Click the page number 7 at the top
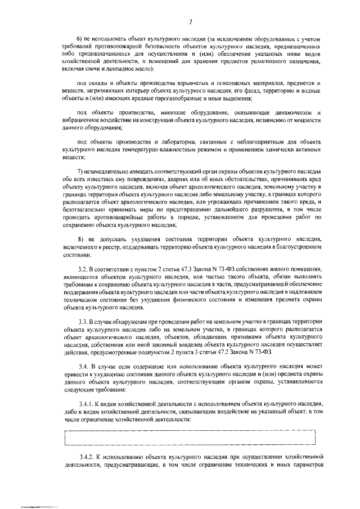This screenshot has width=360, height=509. pyautogui.click(x=191, y=22)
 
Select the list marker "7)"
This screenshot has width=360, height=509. pyautogui.click(x=80, y=170)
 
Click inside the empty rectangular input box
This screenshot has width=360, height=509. pyautogui.click(x=190, y=436)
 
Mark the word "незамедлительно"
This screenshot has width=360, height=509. pyautogui.click(x=110, y=170)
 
